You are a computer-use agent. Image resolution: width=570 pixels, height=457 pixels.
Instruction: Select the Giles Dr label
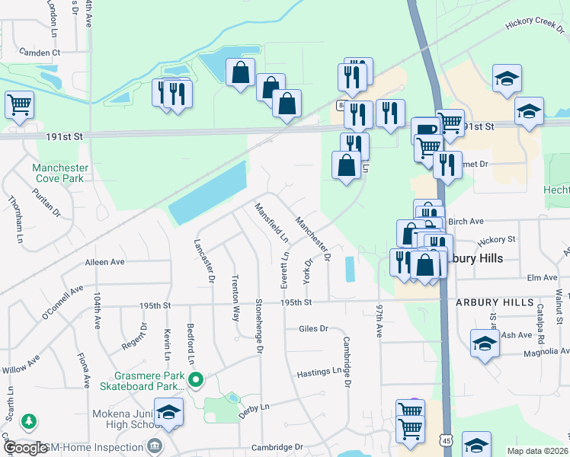tap(313, 329)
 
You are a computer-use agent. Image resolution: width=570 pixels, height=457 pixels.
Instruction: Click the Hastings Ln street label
tap(319, 371)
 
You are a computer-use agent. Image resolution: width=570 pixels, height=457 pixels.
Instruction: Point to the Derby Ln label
tap(255, 408)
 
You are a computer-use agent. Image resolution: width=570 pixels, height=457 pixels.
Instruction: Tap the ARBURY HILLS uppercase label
tap(495, 302)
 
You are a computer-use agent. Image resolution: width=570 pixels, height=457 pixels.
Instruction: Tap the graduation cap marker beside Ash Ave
tap(485, 342)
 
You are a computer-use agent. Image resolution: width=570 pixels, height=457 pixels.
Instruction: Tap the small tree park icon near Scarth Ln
tap(29, 420)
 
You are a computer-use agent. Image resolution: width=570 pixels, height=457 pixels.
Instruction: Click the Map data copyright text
tap(538, 451)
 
